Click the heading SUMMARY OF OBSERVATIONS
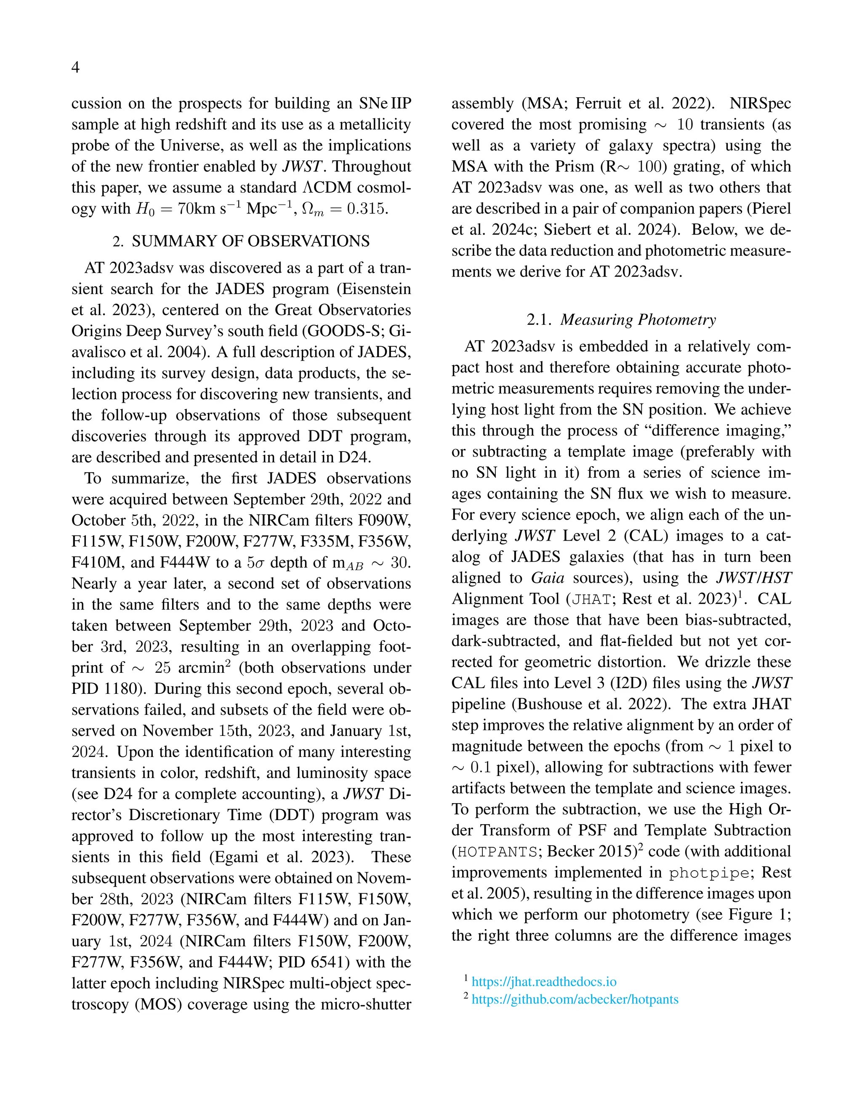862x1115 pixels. [250, 241]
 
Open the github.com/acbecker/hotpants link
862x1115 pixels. [575, 999]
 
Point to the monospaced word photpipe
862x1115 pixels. [709, 873]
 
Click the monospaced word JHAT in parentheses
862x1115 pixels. [591, 599]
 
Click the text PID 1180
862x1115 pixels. [108, 689]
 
